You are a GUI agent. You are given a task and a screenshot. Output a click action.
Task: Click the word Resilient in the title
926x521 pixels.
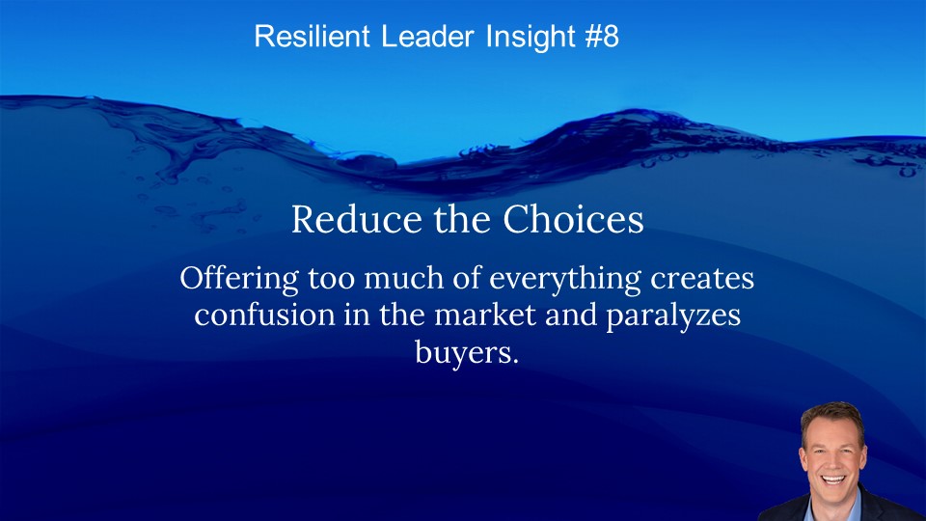tap(312, 36)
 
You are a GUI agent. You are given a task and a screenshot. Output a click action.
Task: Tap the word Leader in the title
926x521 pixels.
tap(427, 36)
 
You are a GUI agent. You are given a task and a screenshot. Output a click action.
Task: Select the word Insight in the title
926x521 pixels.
tap(531, 38)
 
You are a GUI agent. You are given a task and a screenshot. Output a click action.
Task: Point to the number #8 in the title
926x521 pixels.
tap(602, 36)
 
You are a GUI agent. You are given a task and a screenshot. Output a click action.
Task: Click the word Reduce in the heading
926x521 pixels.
tap(357, 219)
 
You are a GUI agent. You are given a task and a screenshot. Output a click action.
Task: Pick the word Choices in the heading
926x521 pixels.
tap(573, 219)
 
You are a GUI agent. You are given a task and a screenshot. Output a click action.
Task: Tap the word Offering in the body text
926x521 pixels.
tap(239, 279)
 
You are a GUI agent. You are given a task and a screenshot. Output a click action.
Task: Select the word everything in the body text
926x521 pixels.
tap(564, 279)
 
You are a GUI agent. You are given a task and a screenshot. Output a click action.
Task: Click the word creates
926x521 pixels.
tap(702, 278)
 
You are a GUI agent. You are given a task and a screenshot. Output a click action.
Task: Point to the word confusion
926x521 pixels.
tap(264, 315)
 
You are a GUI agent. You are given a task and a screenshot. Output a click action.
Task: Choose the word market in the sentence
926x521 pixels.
tap(485, 315)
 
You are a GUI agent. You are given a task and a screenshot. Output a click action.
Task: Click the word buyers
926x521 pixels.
tap(467, 353)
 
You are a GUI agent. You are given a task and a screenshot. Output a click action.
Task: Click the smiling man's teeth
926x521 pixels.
tap(833, 480)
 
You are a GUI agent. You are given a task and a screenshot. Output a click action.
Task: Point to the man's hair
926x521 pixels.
tap(832, 417)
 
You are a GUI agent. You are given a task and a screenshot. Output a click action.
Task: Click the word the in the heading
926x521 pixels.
tap(462, 219)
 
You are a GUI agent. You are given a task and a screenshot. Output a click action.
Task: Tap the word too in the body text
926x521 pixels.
tap(331, 279)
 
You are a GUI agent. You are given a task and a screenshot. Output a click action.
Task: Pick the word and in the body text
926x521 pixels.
tap(571, 315)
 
